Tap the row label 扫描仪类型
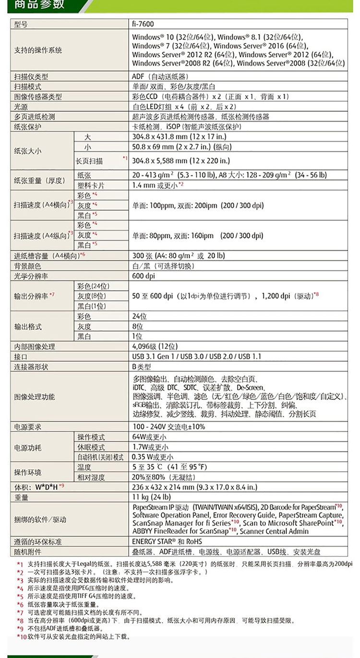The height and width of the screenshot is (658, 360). [32, 76]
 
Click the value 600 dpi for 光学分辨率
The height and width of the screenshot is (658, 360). [144, 276]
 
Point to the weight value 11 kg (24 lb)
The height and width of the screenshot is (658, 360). [151, 497]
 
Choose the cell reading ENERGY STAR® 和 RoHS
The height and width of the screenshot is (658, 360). [167, 542]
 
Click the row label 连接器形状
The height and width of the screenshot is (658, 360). [32, 367]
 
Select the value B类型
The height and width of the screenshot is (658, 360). [142, 367]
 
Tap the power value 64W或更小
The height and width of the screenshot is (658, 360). [149, 437]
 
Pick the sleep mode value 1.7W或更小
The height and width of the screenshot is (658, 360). [150, 447]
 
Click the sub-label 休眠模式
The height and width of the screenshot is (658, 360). [91, 447]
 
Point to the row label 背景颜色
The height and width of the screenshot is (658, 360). [28, 266]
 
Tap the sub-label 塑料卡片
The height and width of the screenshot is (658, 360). [91, 185]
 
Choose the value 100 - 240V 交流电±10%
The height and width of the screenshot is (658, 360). [168, 426]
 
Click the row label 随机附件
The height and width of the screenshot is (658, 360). [28, 552]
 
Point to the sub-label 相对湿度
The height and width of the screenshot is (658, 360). [91, 477]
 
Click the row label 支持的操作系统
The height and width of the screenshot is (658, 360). [38, 50]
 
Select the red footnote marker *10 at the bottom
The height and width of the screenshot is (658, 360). [20, 637]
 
